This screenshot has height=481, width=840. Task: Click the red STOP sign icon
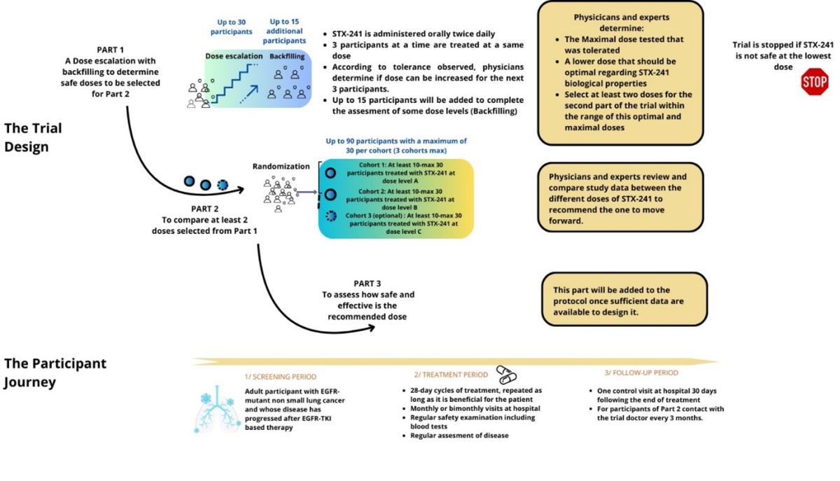click(x=814, y=82)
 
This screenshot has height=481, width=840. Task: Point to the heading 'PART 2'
click(x=205, y=209)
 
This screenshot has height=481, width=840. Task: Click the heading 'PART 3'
click(x=367, y=284)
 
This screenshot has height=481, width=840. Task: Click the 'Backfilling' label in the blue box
click(x=287, y=55)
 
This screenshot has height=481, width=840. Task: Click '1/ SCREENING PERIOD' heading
click(x=280, y=376)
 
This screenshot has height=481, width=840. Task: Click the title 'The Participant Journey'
click(x=55, y=373)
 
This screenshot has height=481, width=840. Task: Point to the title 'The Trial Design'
click(x=33, y=137)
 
